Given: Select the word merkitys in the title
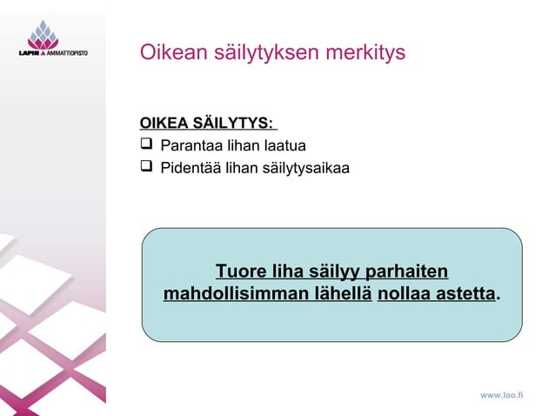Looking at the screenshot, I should click(x=365, y=52).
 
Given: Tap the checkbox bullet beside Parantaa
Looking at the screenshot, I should click(x=146, y=144).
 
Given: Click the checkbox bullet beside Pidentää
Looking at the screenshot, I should click(x=146, y=166).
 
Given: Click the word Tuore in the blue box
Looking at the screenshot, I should click(x=241, y=270).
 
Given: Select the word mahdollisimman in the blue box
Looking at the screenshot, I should click(x=229, y=294).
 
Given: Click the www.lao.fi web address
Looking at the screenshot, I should click(x=502, y=395).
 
